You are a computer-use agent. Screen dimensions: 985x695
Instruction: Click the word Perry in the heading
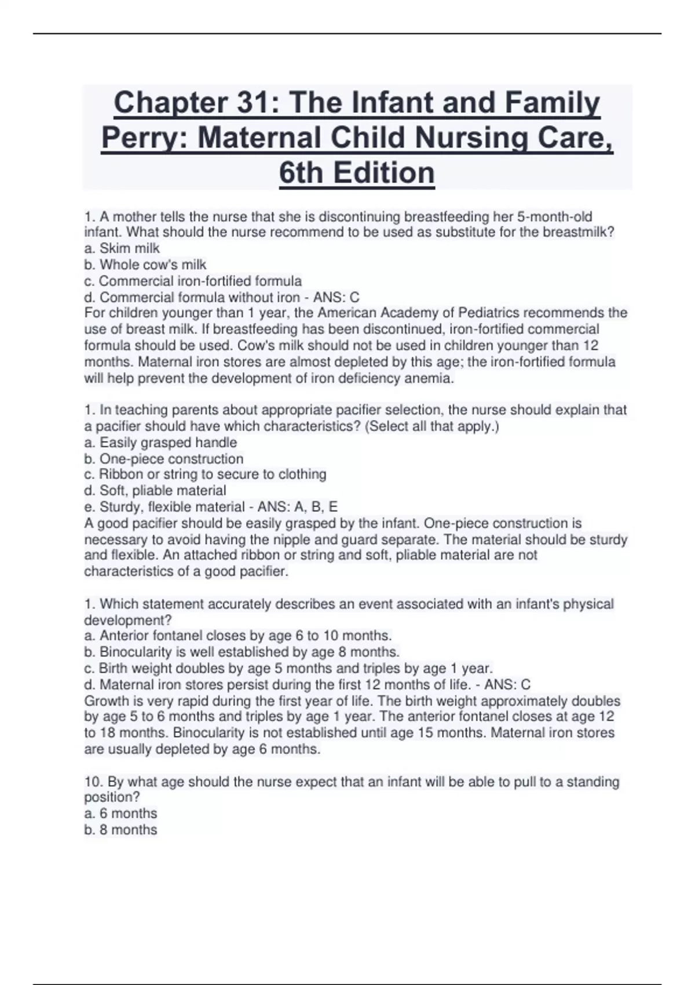coord(137,138)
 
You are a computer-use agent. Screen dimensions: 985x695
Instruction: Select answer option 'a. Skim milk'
coord(122,249)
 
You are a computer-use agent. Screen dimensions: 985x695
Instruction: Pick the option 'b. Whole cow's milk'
coord(145,265)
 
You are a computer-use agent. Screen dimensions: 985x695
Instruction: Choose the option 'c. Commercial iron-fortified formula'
coord(193,281)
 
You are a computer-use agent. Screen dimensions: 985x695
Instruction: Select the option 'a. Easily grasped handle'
coord(160,443)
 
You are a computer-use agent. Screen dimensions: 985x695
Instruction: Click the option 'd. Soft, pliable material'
coord(155,491)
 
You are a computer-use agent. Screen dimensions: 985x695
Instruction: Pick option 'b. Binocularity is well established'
coord(242,652)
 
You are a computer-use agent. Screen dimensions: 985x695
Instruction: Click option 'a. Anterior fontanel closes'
coord(237,636)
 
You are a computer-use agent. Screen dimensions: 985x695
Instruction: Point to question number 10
coord(92,782)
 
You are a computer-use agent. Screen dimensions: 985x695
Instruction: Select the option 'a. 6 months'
coord(120,813)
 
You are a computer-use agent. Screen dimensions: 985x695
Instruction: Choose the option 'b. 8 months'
coord(120,830)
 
